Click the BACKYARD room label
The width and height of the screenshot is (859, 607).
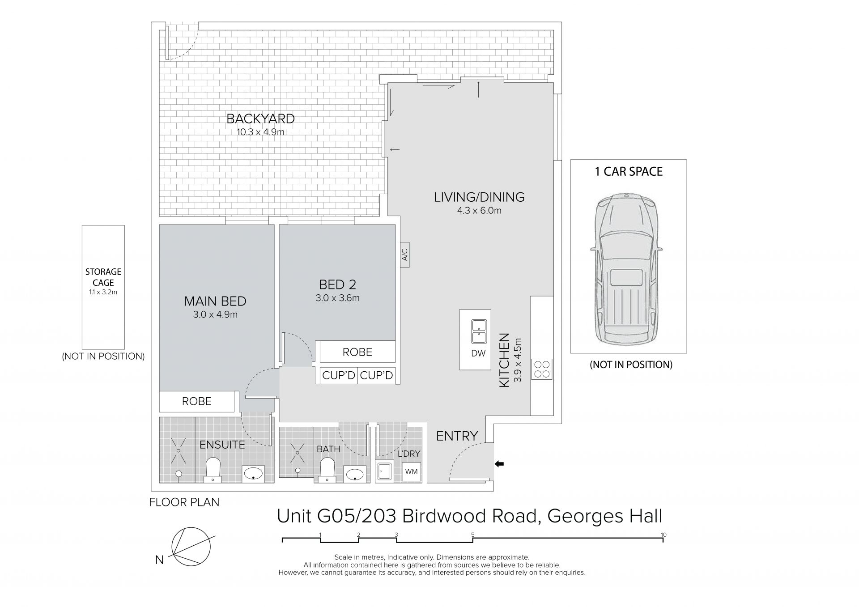coord(260,119)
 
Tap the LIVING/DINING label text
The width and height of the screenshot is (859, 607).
coord(479,197)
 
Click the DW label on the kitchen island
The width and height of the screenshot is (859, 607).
coord(478,353)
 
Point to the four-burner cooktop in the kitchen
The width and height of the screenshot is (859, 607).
coord(542,369)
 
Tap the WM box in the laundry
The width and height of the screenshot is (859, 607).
coord(411,471)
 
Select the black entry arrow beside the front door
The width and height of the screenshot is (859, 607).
coord(499,464)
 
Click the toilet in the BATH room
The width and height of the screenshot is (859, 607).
coord(328,470)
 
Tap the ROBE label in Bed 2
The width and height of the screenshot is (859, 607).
coord(357,352)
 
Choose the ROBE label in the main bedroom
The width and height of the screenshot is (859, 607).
coord(197,401)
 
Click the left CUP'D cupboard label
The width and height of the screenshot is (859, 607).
coord(339,375)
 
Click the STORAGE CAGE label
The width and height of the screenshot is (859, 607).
coord(103,277)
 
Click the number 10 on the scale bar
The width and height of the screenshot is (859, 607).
coord(663,535)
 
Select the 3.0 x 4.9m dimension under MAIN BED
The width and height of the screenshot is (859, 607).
coord(215,314)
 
